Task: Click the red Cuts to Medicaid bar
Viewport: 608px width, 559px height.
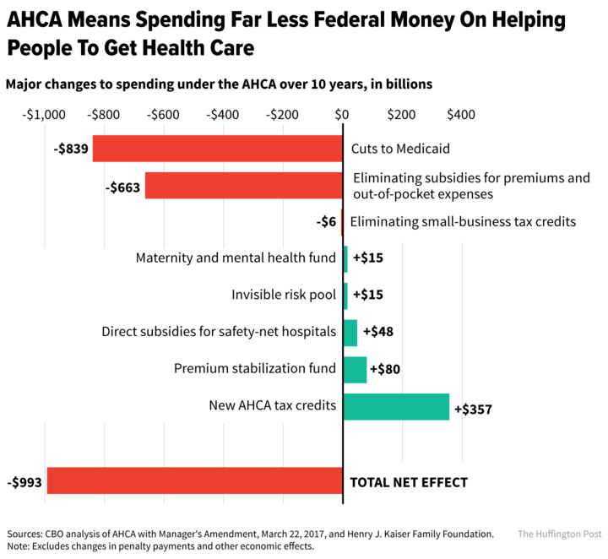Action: click(217, 149)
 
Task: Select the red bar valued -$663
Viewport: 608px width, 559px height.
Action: click(243, 186)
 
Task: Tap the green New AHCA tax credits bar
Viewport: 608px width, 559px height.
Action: click(396, 406)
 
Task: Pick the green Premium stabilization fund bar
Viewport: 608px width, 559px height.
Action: click(355, 369)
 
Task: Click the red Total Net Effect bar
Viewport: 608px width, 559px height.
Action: click(194, 482)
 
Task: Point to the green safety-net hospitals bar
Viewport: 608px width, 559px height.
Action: click(350, 332)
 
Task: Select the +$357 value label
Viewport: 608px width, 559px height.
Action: click(473, 409)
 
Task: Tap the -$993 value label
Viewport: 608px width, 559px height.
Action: click(24, 483)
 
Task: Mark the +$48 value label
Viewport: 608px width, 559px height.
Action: click(377, 332)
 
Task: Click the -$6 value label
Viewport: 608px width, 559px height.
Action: click(325, 221)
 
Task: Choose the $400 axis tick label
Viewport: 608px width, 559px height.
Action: click(461, 115)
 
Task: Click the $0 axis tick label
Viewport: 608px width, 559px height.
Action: click(342, 115)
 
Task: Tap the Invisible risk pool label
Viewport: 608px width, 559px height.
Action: click(284, 295)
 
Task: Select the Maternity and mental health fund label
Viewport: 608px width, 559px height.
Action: click(236, 258)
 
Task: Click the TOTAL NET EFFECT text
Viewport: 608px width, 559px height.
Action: click(409, 483)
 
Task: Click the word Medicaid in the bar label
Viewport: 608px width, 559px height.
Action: click(423, 149)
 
